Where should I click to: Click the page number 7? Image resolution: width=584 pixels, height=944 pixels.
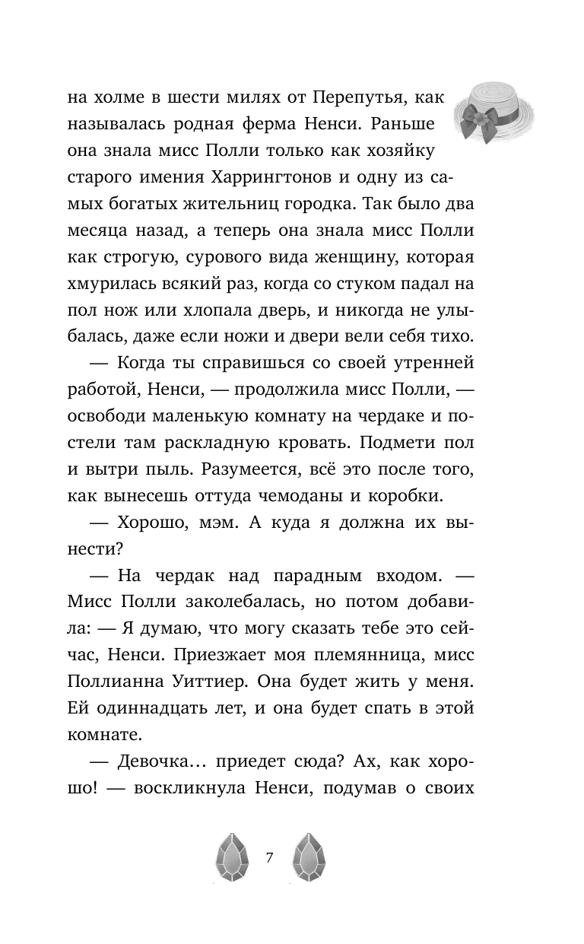coord(270,858)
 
